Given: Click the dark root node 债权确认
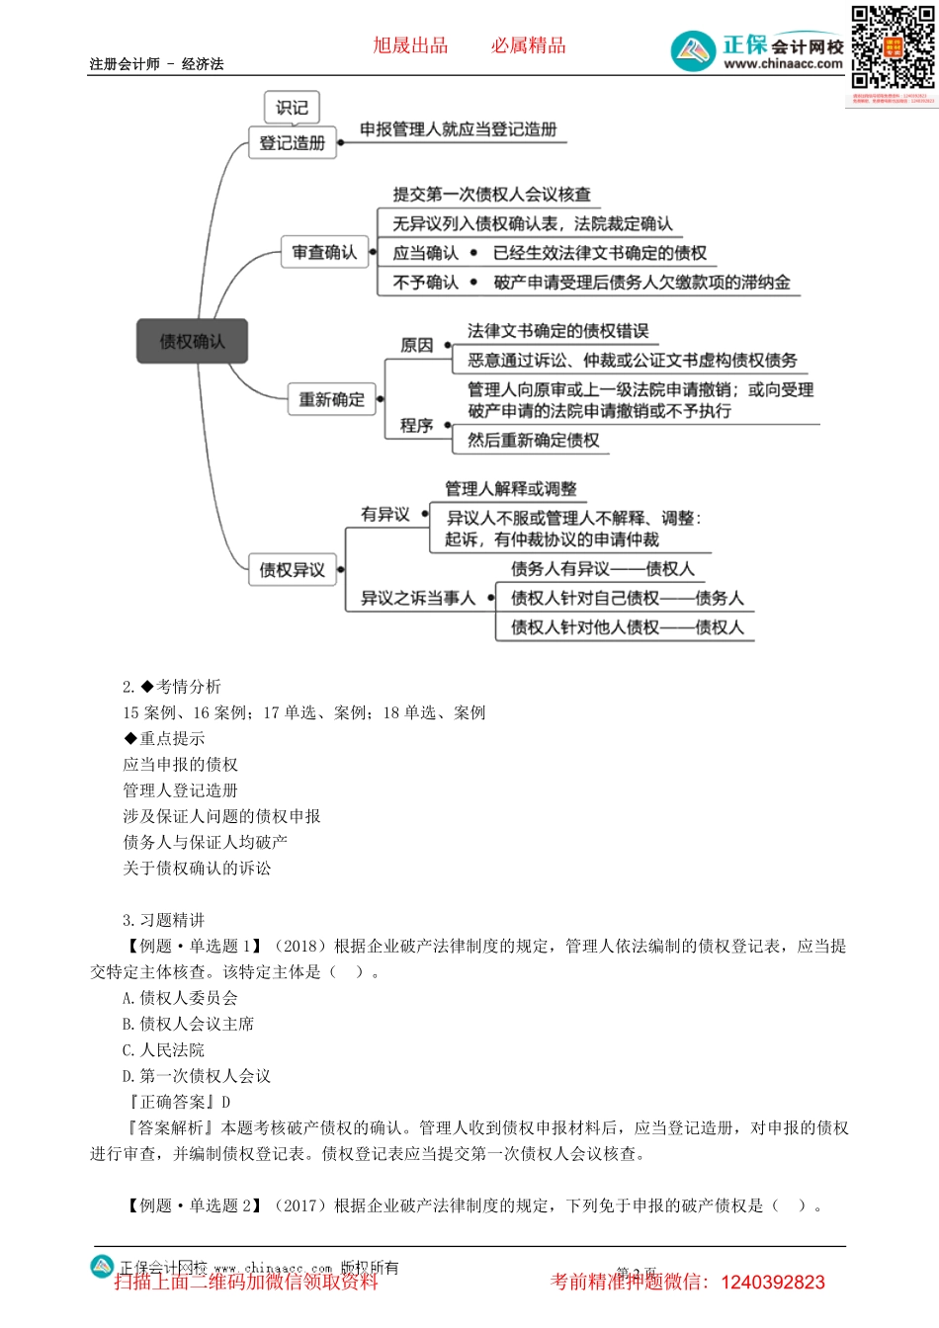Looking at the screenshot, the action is tap(192, 342).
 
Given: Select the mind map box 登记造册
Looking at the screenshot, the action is tap(292, 143).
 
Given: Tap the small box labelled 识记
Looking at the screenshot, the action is tap(292, 108).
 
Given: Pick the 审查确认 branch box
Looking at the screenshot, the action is tap(324, 253).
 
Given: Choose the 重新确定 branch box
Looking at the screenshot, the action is tap(331, 400).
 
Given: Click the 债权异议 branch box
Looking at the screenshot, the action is tap(292, 570).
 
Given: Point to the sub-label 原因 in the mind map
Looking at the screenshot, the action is tap(416, 345).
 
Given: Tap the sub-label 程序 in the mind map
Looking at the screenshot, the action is tap(416, 426).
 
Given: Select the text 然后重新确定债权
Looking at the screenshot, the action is tap(533, 441).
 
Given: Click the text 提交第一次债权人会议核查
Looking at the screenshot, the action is tap(491, 195).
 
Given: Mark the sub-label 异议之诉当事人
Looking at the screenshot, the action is tap(417, 598).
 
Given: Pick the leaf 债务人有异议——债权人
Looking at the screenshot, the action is tap(602, 569).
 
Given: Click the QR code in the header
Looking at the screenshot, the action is tap(893, 47).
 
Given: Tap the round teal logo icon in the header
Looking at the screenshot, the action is tap(693, 50).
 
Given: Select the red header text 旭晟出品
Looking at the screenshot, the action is tap(410, 45).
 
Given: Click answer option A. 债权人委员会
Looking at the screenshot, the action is tap(180, 998).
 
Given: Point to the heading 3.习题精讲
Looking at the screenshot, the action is tap(164, 920).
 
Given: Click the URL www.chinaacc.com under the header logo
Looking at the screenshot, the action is tap(783, 64).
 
